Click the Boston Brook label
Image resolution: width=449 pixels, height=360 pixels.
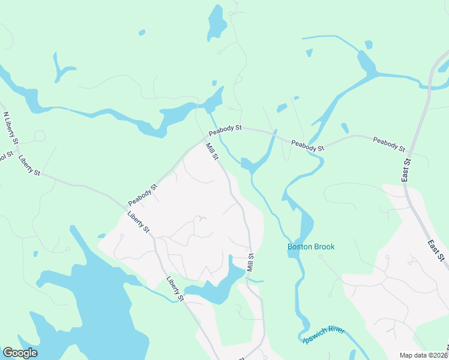(x=311, y=247)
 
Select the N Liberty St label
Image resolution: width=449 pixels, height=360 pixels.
(x=9, y=127)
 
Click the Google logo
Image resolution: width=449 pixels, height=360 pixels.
(x=20, y=353)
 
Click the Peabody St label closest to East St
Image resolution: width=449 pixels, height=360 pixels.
(x=389, y=144)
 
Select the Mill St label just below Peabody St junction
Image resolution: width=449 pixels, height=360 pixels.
(x=212, y=151)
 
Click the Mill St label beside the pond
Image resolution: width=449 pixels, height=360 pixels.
(x=251, y=262)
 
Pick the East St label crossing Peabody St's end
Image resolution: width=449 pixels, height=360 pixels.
(x=406, y=170)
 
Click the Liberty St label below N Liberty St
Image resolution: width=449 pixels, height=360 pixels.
(x=29, y=165)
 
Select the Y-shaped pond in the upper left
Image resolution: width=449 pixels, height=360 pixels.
(x=61, y=67)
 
